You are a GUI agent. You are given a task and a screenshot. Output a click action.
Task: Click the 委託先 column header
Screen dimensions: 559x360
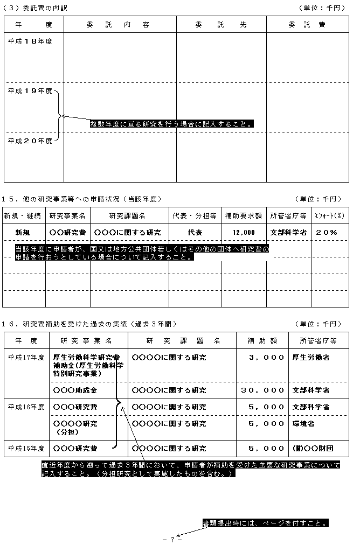point(221,25)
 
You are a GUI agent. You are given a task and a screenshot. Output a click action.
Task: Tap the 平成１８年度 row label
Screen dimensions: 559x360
point(30,41)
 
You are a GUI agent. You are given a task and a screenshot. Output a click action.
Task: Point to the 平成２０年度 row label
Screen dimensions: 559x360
point(30,141)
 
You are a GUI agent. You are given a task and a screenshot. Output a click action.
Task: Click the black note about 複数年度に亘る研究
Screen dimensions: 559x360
point(172,124)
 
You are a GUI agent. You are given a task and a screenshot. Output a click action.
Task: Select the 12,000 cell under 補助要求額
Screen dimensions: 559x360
point(244,232)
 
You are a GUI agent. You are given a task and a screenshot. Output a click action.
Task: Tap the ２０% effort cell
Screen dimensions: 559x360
point(327,232)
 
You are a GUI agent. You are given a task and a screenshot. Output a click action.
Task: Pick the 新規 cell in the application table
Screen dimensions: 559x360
point(23,232)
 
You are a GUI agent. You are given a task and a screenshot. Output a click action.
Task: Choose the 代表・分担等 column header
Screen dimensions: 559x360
point(195,215)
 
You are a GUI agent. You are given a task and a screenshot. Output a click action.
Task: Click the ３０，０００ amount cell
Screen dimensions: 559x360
point(263,390)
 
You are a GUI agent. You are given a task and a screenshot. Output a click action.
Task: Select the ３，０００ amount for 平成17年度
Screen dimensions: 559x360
point(266,357)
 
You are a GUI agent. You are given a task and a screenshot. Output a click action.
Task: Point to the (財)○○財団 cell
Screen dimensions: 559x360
point(312,448)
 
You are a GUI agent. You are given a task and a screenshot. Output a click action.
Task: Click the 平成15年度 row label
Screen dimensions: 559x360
point(26,448)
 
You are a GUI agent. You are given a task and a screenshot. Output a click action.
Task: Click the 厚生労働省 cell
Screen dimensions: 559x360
point(311,357)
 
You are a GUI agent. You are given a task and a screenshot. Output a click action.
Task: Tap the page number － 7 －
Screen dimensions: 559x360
point(172,540)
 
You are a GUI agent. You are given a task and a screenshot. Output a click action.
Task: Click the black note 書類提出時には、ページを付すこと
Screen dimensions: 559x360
point(265,523)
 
